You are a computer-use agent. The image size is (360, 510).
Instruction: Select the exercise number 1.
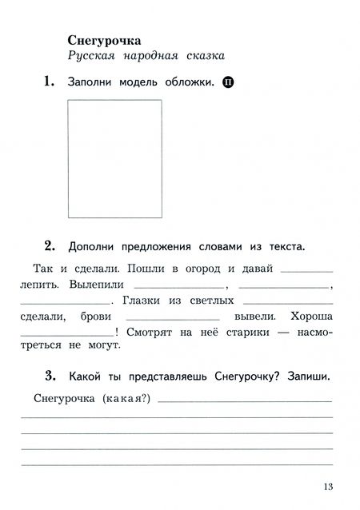pyautogui.click(x=48, y=81)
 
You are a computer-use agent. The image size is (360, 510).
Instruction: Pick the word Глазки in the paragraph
pyautogui.click(x=146, y=301)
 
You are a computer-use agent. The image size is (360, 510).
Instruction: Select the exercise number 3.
pyautogui.click(x=48, y=376)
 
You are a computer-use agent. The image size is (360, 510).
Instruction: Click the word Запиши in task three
pyautogui.click(x=310, y=377)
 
